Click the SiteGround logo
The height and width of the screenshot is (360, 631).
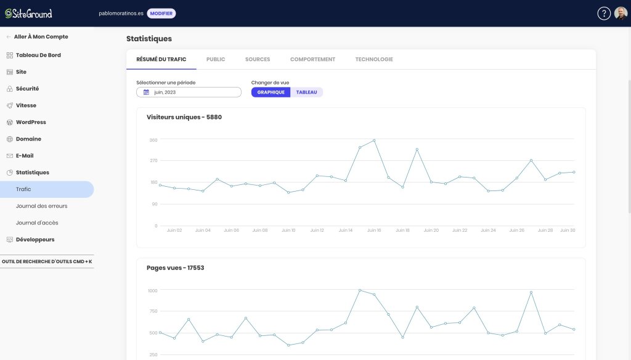pyautogui.click(x=28, y=14)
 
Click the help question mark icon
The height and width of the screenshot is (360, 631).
pyautogui.click(x=604, y=14)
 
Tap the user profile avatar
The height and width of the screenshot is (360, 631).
pyautogui.click(x=621, y=14)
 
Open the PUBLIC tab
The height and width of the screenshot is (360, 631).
pyautogui.click(x=216, y=59)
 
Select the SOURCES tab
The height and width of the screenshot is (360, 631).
pyautogui.click(x=258, y=59)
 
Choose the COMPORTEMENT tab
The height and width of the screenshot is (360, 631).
pyautogui.click(x=312, y=59)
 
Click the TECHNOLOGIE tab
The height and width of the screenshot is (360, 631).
pyautogui.click(x=374, y=59)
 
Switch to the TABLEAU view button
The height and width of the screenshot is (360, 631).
pyautogui.click(x=307, y=92)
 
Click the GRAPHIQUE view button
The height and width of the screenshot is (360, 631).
pyautogui.click(x=271, y=92)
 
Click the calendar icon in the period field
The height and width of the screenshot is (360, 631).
pyautogui.click(x=146, y=92)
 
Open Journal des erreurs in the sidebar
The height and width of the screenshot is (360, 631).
pyautogui.click(x=41, y=206)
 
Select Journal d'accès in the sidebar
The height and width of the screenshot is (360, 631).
pyautogui.click(x=37, y=223)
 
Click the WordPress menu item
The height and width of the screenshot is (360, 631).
pyautogui.click(x=31, y=122)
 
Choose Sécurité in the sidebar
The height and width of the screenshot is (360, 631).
pyautogui.click(x=27, y=89)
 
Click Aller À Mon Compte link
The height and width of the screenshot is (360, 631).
pyautogui.click(x=41, y=36)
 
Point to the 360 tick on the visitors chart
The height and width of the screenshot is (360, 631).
pyautogui.click(x=153, y=140)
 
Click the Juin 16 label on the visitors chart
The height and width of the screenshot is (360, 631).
pyautogui.click(x=374, y=231)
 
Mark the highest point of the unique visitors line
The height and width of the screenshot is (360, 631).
pyautogui.click(x=374, y=141)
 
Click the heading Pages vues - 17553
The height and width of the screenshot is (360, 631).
pyautogui.click(x=176, y=268)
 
